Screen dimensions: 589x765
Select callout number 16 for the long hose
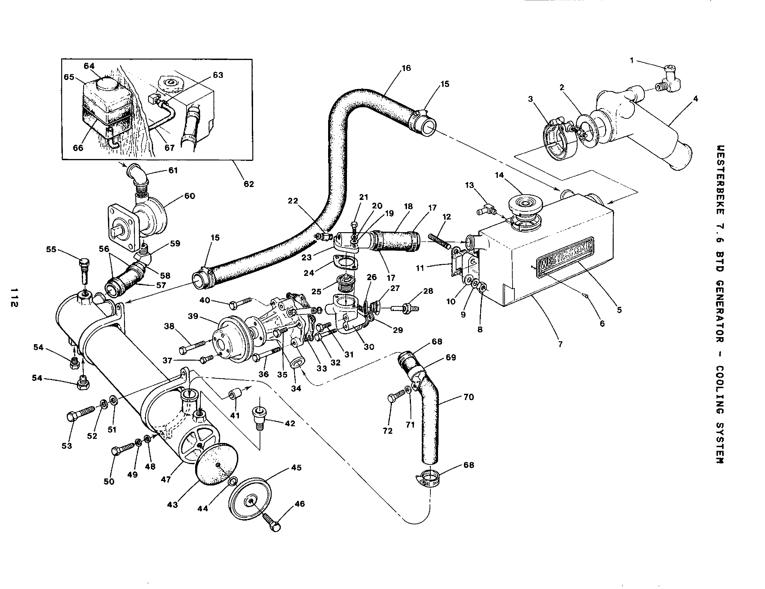[x=406, y=68]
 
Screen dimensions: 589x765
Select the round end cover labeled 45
[x=250, y=501]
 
